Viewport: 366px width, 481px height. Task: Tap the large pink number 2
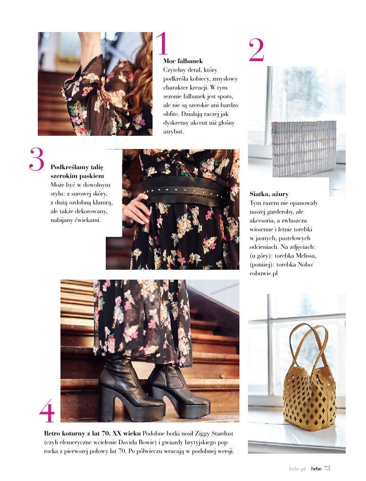256,50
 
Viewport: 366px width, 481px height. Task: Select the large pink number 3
37,159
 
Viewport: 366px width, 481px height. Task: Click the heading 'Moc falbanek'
183,61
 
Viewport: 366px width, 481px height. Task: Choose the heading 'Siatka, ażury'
269,194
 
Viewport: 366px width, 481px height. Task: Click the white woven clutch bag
304,149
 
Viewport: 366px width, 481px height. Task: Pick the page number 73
327,468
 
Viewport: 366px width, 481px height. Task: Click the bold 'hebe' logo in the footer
316,468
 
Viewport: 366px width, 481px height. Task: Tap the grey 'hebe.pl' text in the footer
298,469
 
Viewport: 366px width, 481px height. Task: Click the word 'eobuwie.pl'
264,274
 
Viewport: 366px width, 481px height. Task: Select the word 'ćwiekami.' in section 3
88,220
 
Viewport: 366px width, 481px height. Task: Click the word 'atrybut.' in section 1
173,132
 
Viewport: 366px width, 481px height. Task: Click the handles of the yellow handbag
307,347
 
